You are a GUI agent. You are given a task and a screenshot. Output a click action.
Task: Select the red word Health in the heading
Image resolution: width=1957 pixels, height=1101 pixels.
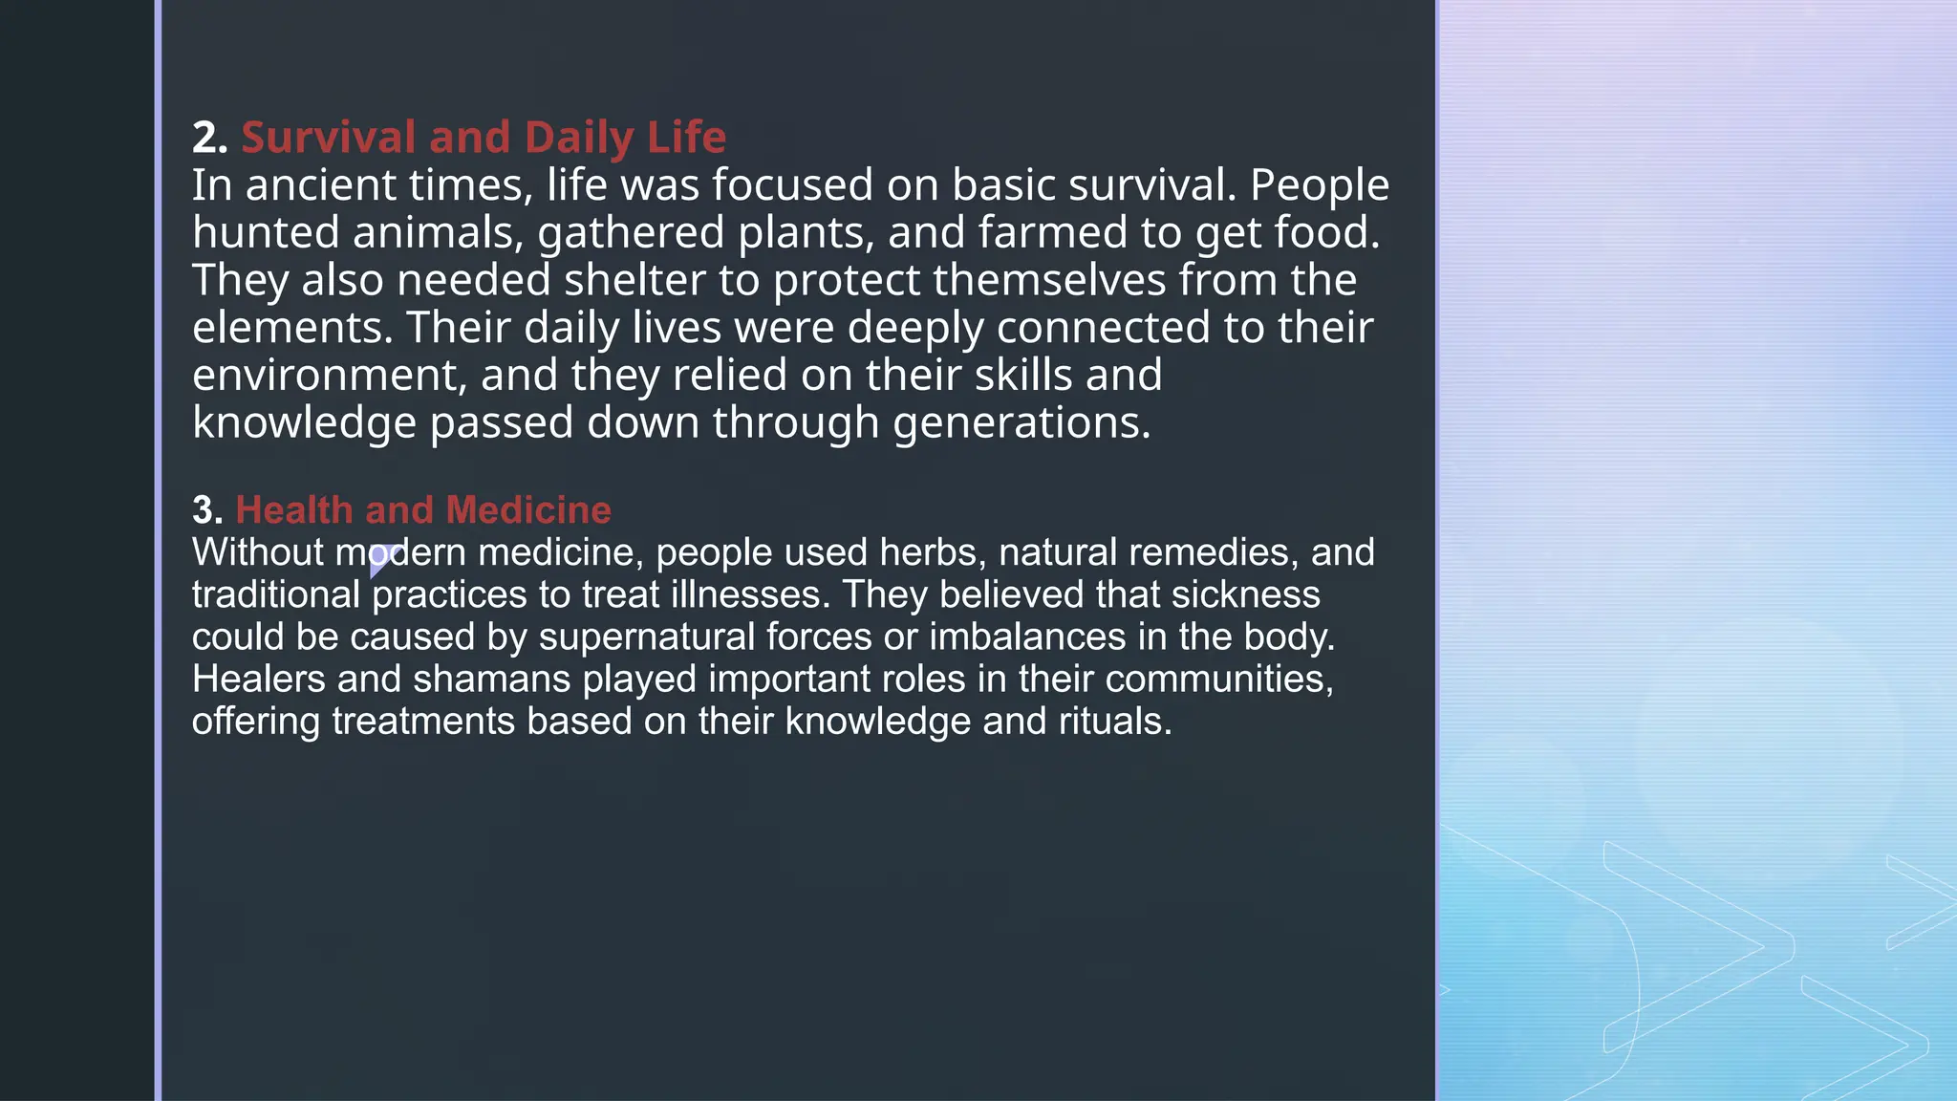[294, 510]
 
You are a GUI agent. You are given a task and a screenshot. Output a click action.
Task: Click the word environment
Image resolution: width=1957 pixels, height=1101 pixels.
[329, 376]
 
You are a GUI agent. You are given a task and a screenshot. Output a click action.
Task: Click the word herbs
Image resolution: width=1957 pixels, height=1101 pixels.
[932, 552]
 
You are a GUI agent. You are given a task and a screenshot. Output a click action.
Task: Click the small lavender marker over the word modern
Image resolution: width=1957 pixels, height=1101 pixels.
[382, 558]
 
